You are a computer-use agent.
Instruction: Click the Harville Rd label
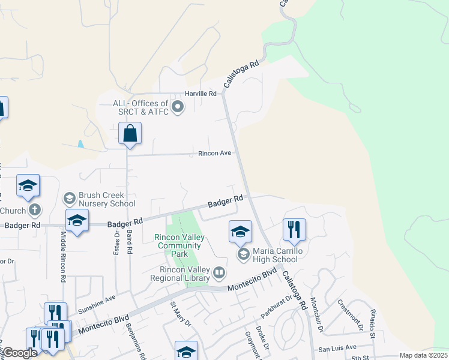tap(200, 94)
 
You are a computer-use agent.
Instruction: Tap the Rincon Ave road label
tap(215, 153)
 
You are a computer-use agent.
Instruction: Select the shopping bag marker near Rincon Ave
tap(130, 134)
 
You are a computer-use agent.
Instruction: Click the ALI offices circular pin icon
tap(178, 108)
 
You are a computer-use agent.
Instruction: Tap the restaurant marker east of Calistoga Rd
tap(294, 230)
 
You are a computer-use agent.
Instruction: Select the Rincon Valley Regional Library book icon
tap(220, 274)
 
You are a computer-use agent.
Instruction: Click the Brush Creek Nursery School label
tap(102, 200)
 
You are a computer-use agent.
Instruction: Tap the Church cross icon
tap(35, 211)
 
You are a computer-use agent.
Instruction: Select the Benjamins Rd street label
tap(136, 340)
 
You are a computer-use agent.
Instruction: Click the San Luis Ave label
tap(337, 347)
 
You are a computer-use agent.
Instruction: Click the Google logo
tap(20, 353)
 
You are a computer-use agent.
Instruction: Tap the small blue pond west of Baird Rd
tap(80, 144)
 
